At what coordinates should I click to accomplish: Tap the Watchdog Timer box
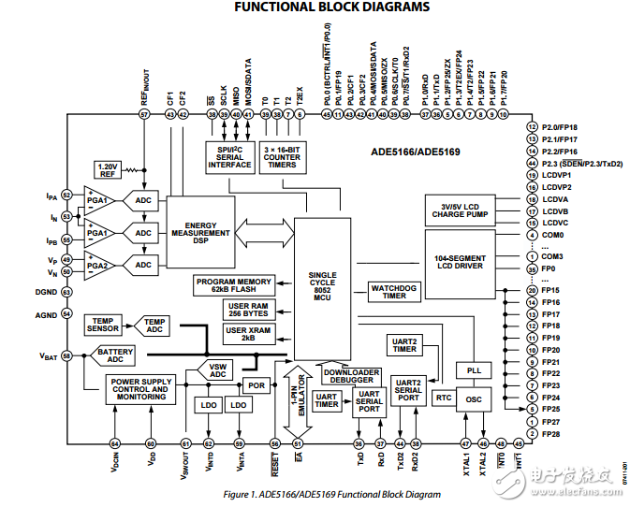[x=394, y=291]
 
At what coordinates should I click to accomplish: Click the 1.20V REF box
[x=107, y=168]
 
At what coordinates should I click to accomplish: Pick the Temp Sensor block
[x=103, y=324]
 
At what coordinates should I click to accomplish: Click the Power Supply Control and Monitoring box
[x=139, y=389]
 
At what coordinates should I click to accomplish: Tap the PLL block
[x=474, y=370]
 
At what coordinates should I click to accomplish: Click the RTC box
[x=444, y=398]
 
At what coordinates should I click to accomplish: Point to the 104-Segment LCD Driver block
[x=459, y=261]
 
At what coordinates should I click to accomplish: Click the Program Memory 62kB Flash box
[x=233, y=284]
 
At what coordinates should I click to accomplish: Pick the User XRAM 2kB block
[x=248, y=334]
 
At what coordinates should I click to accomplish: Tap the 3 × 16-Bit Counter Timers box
[x=282, y=157]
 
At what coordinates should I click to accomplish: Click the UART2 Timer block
[x=403, y=344]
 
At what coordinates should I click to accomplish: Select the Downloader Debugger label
[x=351, y=375]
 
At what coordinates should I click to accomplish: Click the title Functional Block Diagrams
[x=331, y=8]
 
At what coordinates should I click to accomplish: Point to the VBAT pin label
[x=48, y=356]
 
